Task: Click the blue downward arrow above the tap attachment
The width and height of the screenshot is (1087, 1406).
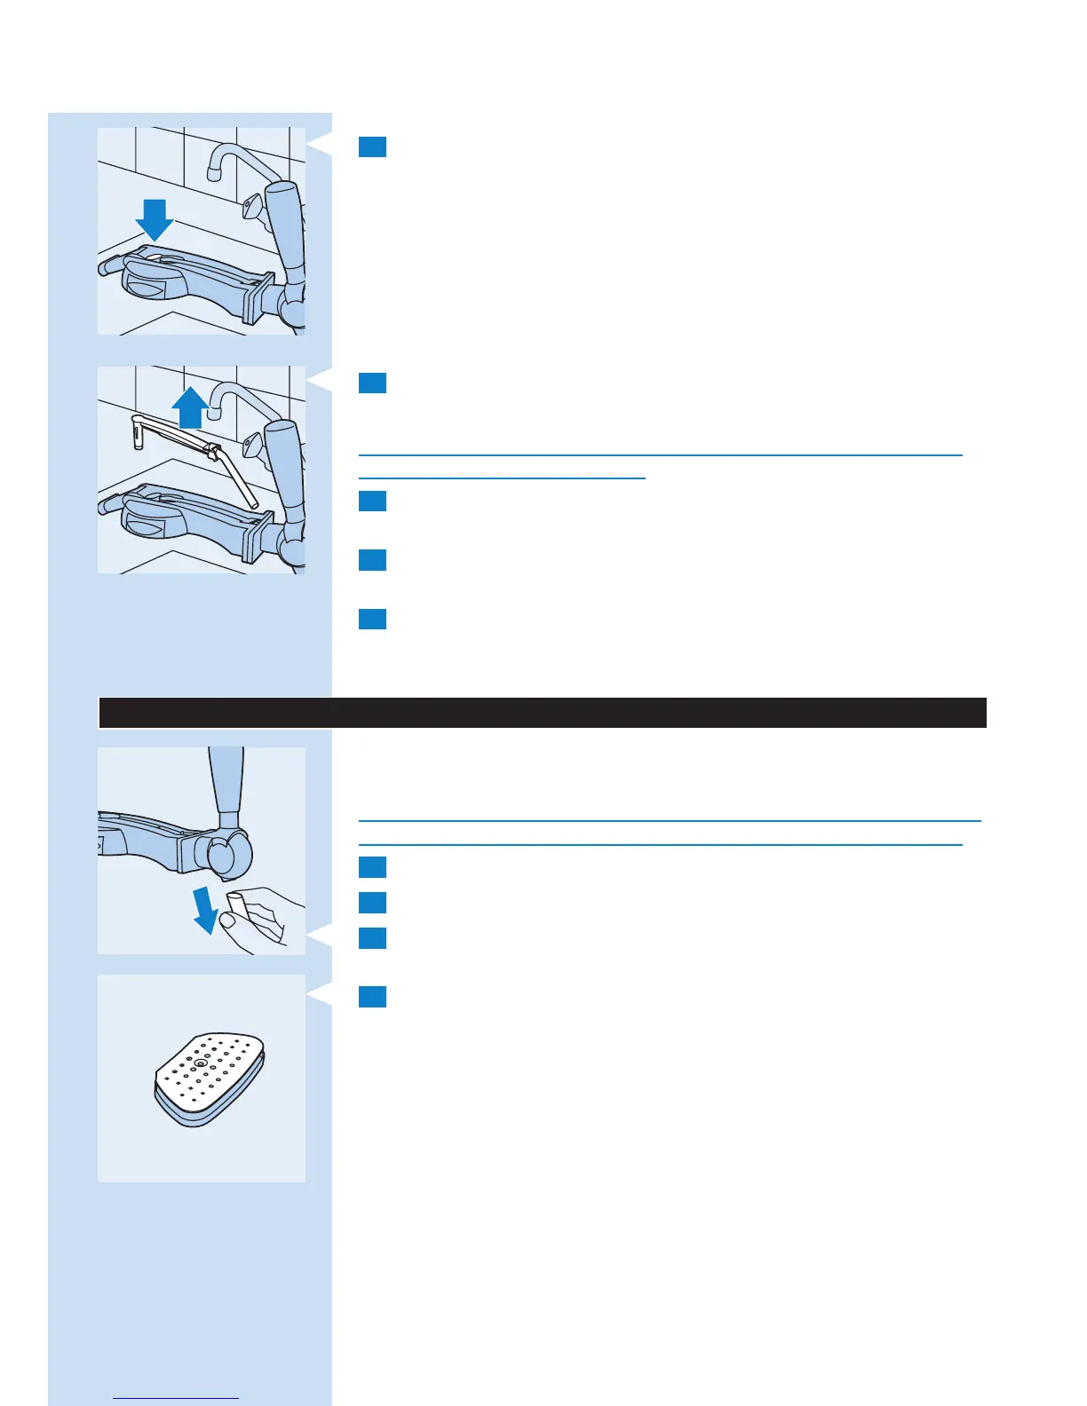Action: click(155, 219)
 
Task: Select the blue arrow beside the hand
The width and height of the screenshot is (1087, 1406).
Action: click(205, 909)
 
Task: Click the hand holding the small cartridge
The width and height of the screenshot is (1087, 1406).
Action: click(260, 920)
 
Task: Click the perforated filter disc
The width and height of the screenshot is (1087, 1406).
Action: click(210, 1078)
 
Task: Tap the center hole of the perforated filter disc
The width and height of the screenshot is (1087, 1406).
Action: click(201, 1062)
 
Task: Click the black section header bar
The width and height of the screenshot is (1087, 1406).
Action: click(542, 713)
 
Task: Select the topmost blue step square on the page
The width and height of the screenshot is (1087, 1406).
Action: click(373, 146)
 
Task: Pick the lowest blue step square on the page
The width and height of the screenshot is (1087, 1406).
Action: click(373, 997)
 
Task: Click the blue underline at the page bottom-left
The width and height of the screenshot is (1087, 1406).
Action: click(177, 1399)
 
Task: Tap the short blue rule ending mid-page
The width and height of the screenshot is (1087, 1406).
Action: click(502, 478)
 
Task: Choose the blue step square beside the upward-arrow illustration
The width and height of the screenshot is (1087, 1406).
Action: click(373, 383)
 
